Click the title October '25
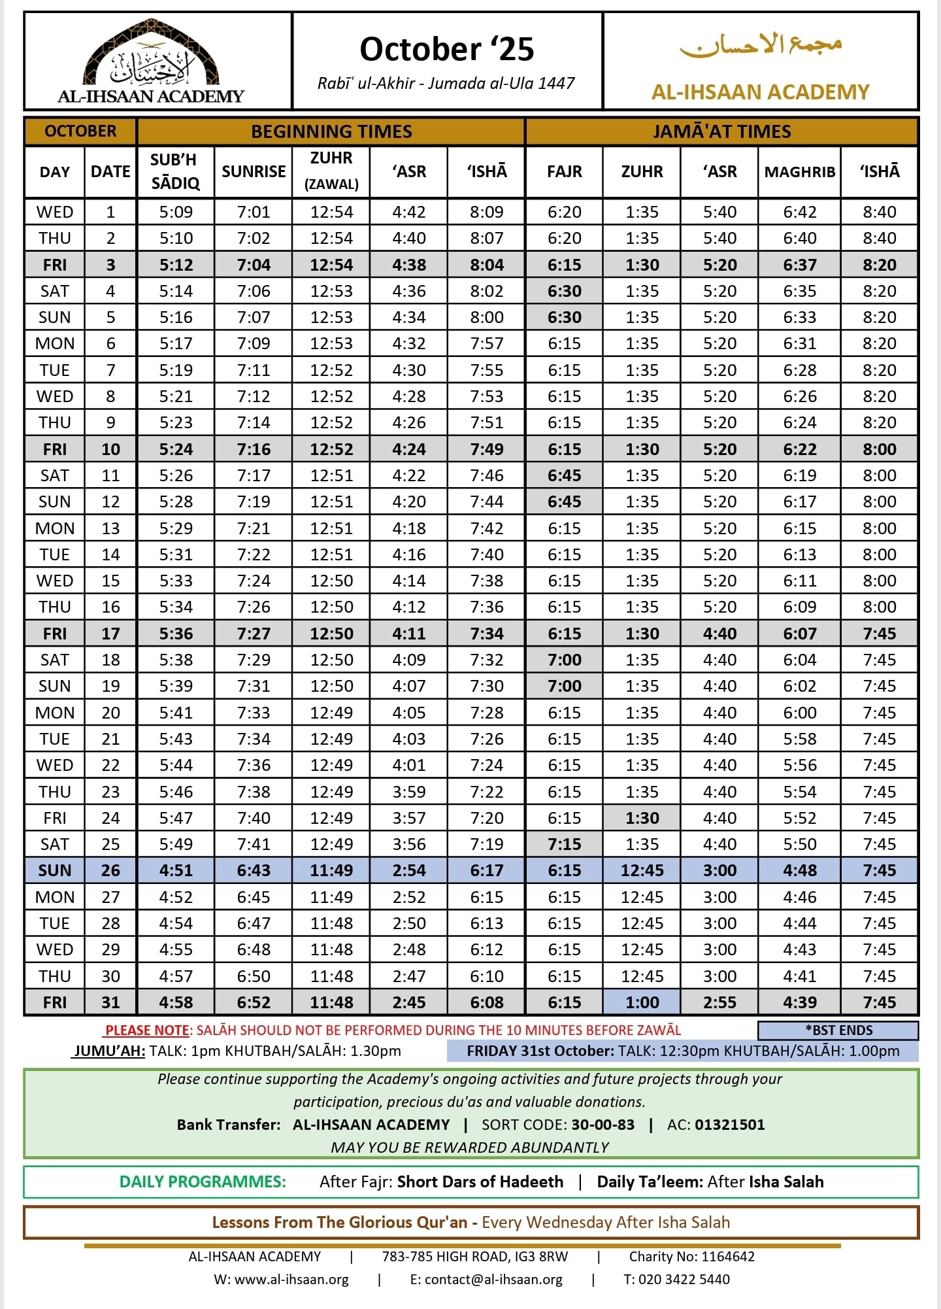pos(447,50)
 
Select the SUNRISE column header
pos(254,171)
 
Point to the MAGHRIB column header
pos(800,172)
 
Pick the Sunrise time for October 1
pos(254,212)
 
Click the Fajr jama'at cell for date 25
pos(565,844)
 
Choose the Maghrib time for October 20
pos(800,713)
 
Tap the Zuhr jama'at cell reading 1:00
pos(642,1002)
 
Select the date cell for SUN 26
pos(110,870)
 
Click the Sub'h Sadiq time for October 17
pos(176,634)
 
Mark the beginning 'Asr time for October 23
pos(409,792)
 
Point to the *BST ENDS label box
pos(838,1030)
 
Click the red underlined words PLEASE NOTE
pos(147,1030)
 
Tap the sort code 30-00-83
pos(603,1125)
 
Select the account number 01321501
pos(729,1125)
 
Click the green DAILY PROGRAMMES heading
pos(203,1181)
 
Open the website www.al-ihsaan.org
pos(291,1280)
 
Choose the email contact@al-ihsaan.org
pos(493,1280)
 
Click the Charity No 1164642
pos(691,1257)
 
